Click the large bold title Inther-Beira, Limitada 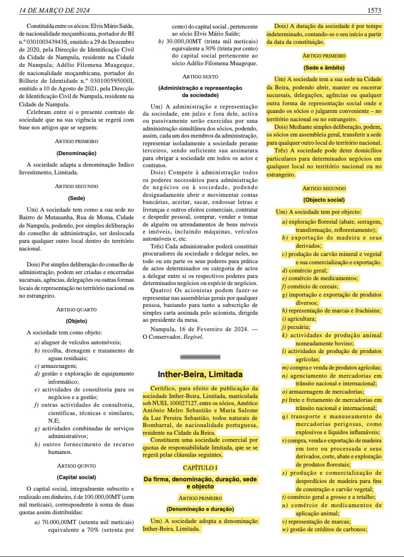coord(200,375)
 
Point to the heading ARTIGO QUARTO coord(77,310)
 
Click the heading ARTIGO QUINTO coord(77,465)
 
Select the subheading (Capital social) coord(77,477)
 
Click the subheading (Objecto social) coord(323,200)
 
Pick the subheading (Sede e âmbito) coord(323,67)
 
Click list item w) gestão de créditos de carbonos coord(324,528)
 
